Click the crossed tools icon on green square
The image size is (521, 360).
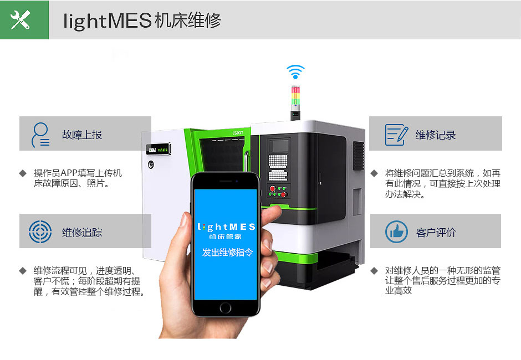tap(21, 19)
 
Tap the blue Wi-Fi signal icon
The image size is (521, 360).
tap(295, 72)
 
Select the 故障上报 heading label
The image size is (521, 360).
tap(81, 135)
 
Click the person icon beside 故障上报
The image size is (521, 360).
tap(40, 135)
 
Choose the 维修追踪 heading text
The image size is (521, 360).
tap(81, 232)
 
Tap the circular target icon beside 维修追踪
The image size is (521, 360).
tap(40, 232)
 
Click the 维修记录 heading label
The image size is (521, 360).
tap(435, 135)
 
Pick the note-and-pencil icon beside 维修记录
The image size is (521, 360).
tap(396, 135)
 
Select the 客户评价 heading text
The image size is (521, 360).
tap(436, 232)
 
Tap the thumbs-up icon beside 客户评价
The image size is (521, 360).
tap(396, 232)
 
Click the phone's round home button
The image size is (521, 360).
tap(225, 308)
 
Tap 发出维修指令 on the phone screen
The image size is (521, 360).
tap(227, 253)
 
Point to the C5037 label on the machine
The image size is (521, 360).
tap(238, 133)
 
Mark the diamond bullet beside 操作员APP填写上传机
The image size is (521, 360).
tap(23, 173)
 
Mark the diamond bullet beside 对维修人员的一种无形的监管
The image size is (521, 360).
tap(374, 271)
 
